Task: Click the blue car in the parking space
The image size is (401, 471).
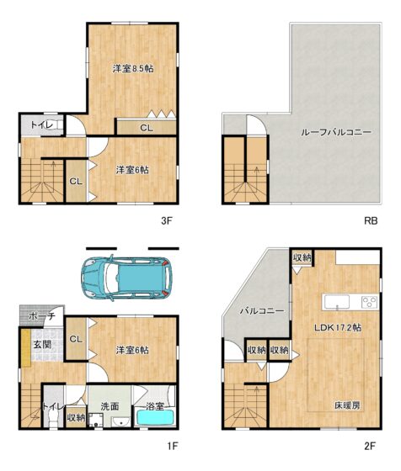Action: pyautogui.click(x=126, y=278)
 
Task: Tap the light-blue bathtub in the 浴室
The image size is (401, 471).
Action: pyautogui.click(x=156, y=418)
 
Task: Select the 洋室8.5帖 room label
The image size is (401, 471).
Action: pyautogui.click(x=133, y=69)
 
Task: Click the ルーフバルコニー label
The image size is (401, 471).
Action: pyautogui.click(x=336, y=132)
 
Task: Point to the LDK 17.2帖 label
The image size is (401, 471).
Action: pyautogui.click(x=338, y=327)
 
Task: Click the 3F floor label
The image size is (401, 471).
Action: pyautogui.click(x=166, y=221)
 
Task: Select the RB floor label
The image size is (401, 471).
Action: pyautogui.click(x=371, y=221)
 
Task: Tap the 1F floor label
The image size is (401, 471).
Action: pyautogui.click(x=173, y=447)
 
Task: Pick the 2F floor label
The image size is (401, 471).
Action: pyautogui.click(x=370, y=447)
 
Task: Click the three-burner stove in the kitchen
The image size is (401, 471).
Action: pyautogui.click(x=370, y=301)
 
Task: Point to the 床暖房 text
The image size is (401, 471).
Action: pyautogui.click(x=347, y=405)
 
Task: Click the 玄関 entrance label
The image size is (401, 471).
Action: pyautogui.click(x=42, y=345)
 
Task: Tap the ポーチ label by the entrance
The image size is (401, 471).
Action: pyautogui.click(x=42, y=316)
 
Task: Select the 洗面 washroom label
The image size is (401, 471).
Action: pyautogui.click(x=110, y=407)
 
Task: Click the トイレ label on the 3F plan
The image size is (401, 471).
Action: pyautogui.click(x=42, y=125)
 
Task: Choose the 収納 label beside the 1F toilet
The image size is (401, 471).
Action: pyautogui.click(x=76, y=417)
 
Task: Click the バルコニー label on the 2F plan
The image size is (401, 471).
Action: pyautogui.click(x=262, y=311)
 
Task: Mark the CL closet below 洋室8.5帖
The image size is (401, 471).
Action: pyautogui.click(x=147, y=128)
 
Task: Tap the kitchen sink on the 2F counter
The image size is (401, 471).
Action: pyautogui.click(x=337, y=301)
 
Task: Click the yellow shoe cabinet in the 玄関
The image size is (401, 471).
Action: pyautogui.click(x=26, y=348)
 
